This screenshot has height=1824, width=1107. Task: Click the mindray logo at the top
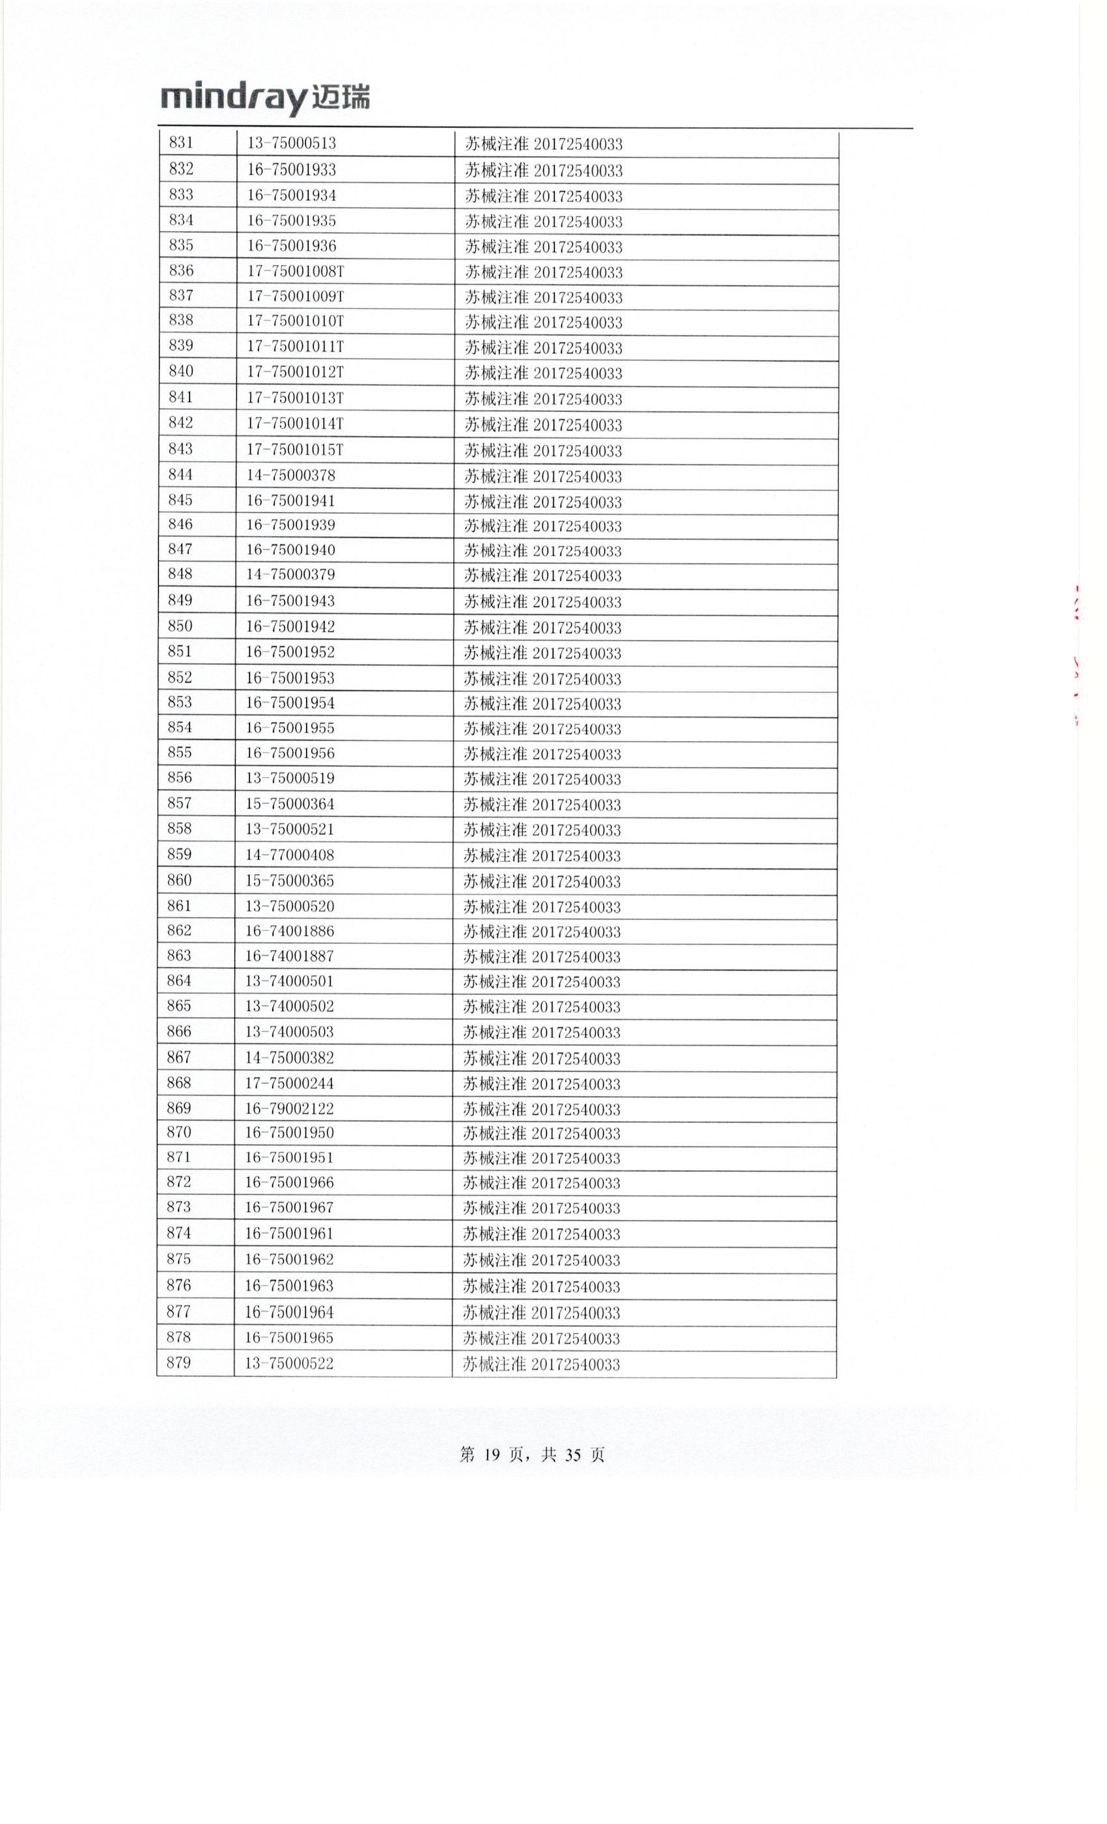tap(265, 98)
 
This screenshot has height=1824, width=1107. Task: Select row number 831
tap(181, 143)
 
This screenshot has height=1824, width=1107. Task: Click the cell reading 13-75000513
tap(292, 143)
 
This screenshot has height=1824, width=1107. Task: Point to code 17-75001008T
tap(295, 271)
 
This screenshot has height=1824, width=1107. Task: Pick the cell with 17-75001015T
tap(294, 449)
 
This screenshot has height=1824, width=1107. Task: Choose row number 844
tap(180, 474)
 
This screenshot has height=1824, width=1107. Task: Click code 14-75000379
tap(290, 575)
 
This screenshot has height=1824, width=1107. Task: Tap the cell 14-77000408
tap(289, 855)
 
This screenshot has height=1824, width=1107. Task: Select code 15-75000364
tap(289, 804)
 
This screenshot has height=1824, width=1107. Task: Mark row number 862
tap(179, 930)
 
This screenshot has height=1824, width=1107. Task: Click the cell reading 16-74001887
tap(289, 956)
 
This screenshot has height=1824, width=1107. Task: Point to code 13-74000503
tap(289, 1031)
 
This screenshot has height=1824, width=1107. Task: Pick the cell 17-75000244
tap(289, 1083)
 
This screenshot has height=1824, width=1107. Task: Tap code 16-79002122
tap(289, 1108)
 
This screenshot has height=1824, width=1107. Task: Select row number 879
tap(178, 1362)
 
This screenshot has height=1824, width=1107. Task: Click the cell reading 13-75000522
tap(288, 1363)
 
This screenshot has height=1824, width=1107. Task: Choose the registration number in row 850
tap(542, 628)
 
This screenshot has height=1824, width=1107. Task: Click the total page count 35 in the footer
tap(573, 1455)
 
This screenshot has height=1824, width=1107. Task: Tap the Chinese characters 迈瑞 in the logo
tap(341, 98)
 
